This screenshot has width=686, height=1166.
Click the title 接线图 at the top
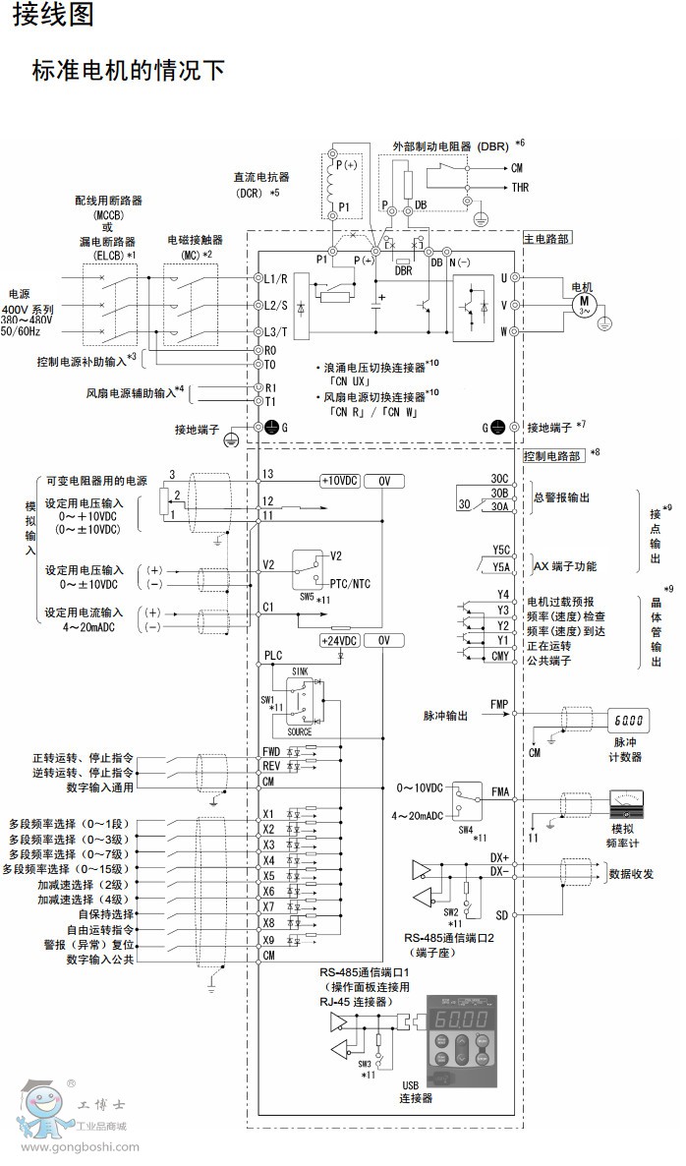(x=47, y=16)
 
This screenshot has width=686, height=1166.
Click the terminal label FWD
(x=271, y=752)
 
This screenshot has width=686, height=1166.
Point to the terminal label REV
(x=271, y=766)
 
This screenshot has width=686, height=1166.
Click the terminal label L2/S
(x=276, y=305)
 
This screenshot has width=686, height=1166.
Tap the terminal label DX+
(x=499, y=857)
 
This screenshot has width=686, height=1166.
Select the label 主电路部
(x=546, y=238)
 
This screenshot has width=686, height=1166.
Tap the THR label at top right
(x=520, y=187)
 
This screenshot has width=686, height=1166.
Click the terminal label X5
(x=268, y=875)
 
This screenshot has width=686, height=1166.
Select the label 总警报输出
(x=562, y=497)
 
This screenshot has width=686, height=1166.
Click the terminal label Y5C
(x=500, y=551)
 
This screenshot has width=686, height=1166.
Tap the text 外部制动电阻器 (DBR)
(x=450, y=146)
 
